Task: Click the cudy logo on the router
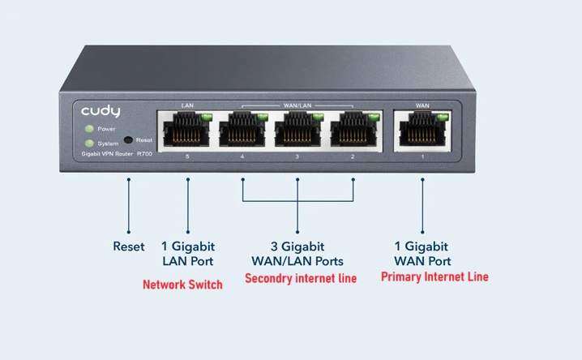click(x=100, y=111)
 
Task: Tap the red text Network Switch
click(x=182, y=285)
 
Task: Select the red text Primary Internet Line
click(x=434, y=277)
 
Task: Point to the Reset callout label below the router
click(x=128, y=246)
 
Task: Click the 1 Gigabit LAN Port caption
click(x=188, y=253)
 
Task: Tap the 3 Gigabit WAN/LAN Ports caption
click(x=297, y=253)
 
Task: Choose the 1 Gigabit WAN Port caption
click(x=422, y=253)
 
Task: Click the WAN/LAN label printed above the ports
click(x=297, y=105)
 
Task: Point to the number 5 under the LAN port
click(x=188, y=154)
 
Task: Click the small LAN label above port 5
click(x=188, y=105)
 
